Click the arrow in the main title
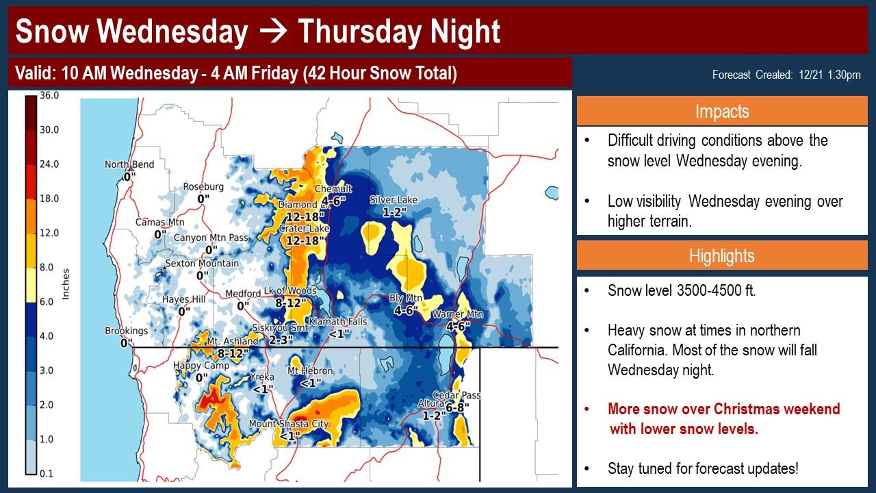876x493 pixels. coord(273,31)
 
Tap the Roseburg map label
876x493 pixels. coord(203,187)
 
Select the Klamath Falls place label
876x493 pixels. coord(338,322)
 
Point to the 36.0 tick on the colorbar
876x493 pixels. coord(49,95)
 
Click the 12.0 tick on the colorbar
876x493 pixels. coord(49,233)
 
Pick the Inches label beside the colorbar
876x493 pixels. coord(66,284)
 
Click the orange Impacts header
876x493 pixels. coord(722,112)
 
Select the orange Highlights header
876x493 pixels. coord(722,256)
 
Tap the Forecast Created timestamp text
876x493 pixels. coord(786,75)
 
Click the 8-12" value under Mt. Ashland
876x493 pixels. coord(233,354)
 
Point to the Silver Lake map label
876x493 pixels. coord(394,200)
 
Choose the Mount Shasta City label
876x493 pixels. coord(289,424)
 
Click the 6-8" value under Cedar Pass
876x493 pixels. coord(457,408)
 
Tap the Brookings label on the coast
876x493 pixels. coord(127,331)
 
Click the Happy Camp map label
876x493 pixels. coord(201,366)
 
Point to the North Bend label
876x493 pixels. coord(129,164)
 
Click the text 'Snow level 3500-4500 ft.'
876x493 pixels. coord(682,291)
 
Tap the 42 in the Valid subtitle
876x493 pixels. coord(316,73)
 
